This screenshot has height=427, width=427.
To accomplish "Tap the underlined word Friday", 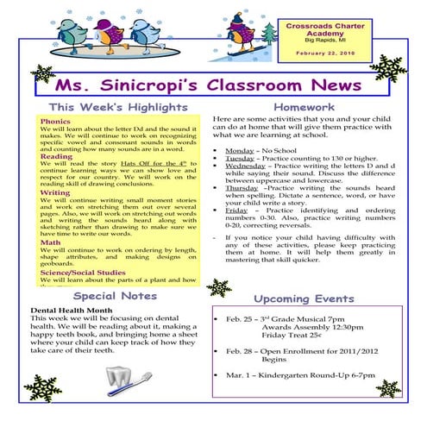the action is point(236,210).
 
